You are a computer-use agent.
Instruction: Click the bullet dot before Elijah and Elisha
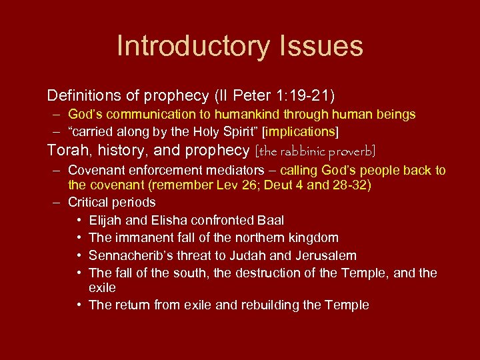79,220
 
